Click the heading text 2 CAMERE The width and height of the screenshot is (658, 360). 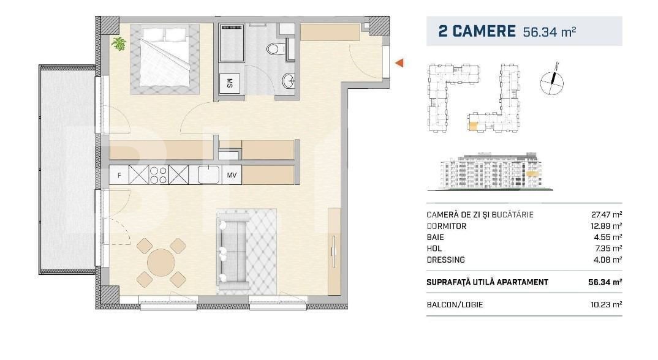[x=477, y=31]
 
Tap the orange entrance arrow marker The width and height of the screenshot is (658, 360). [x=399, y=62]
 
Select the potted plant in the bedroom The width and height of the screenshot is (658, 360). [x=119, y=43]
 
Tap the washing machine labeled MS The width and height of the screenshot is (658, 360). [x=230, y=83]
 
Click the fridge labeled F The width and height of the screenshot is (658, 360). [x=119, y=175]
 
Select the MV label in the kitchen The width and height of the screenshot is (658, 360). [x=232, y=175]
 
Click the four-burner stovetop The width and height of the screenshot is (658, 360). [x=159, y=175]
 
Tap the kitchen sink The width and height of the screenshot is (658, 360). [x=208, y=174]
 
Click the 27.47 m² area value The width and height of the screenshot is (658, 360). [x=603, y=215]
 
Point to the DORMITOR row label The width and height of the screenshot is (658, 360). [x=446, y=226]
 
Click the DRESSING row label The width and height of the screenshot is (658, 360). [x=445, y=260]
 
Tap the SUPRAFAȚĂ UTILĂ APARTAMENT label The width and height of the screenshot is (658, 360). [x=487, y=282]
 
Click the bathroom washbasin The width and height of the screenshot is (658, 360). [x=288, y=80]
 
